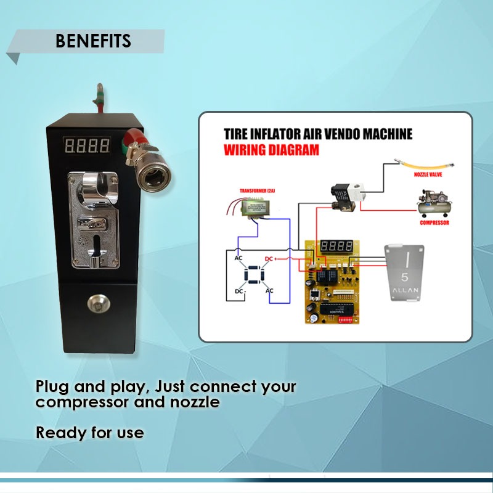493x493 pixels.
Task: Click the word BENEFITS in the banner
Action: pyautogui.click(x=93, y=41)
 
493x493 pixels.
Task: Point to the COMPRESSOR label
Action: pyautogui.click(x=434, y=222)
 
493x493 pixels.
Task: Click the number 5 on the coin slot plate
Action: pyautogui.click(x=404, y=277)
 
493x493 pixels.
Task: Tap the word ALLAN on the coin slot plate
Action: pyautogui.click(x=404, y=290)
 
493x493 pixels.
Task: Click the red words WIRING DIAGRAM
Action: pyautogui.click(x=271, y=150)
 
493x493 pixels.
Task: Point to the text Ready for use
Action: pyautogui.click(x=89, y=433)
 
